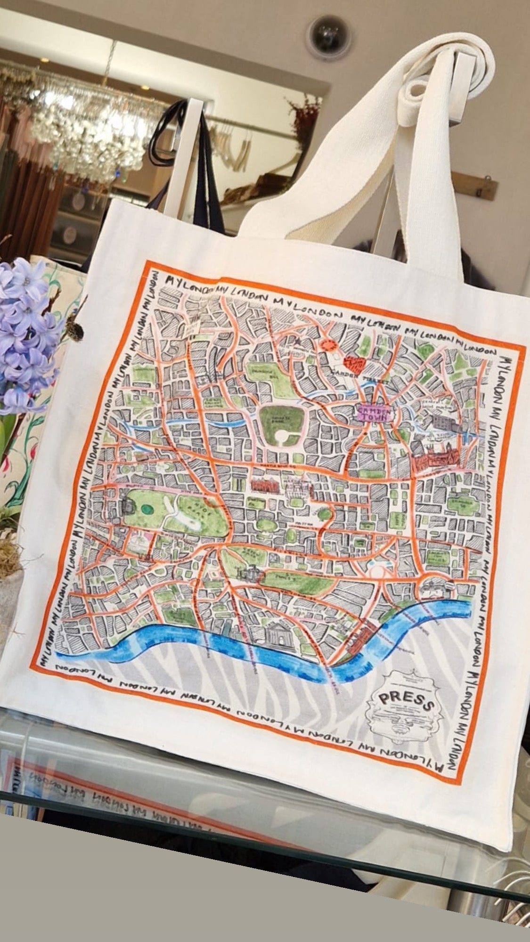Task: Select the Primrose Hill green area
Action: click(x=265, y=374)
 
